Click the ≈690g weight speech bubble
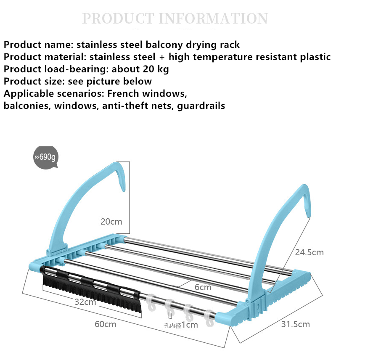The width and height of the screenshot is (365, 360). (45, 157)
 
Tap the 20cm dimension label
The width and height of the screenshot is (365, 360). (111, 221)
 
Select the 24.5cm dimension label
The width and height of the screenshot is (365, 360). (309, 252)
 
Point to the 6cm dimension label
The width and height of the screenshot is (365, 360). (203, 288)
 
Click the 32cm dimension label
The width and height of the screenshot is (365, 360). (85, 302)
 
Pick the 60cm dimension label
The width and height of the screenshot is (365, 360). (105, 324)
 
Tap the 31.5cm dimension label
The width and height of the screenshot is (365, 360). (295, 324)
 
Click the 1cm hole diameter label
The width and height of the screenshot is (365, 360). (190, 325)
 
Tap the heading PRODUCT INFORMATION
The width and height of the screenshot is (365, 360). (175, 19)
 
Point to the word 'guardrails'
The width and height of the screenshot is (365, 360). (201, 106)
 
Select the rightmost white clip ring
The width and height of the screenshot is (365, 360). (209, 318)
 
